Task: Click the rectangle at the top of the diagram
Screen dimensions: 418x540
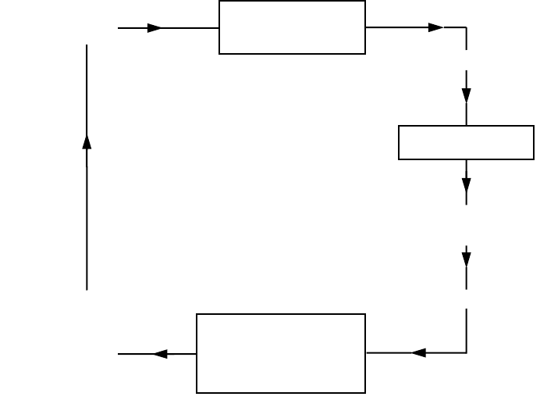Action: [292, 27]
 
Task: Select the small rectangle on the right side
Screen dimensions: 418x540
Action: [466, 142]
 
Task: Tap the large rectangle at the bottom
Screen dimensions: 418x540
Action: [281, 353]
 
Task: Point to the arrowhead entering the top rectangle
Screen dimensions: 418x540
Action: [155, 28]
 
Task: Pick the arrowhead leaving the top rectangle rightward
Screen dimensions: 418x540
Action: [435, 27]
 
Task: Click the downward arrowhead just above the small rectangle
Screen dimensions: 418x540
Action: [467, 95]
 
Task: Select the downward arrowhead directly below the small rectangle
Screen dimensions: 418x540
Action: [467, 185]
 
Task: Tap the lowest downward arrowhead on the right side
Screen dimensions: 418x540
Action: [467, 257]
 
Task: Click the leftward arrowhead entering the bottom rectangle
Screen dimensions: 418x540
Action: [418, 352]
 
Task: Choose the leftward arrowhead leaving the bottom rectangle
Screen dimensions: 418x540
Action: [161, 354]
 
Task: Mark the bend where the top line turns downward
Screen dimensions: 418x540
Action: [467, 27]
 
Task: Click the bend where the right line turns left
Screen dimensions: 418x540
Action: [467, 352]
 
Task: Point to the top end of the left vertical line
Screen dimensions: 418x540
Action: [87, 45]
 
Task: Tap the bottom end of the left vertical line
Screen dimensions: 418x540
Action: [87, 290]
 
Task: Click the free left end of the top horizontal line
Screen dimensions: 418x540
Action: [118, 28]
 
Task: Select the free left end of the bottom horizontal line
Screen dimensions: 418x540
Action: [118, 354]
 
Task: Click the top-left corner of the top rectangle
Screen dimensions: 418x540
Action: [219, 1]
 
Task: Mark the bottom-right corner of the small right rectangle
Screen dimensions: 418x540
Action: [534, 159]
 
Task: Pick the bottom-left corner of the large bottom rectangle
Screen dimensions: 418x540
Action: [197, 393]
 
